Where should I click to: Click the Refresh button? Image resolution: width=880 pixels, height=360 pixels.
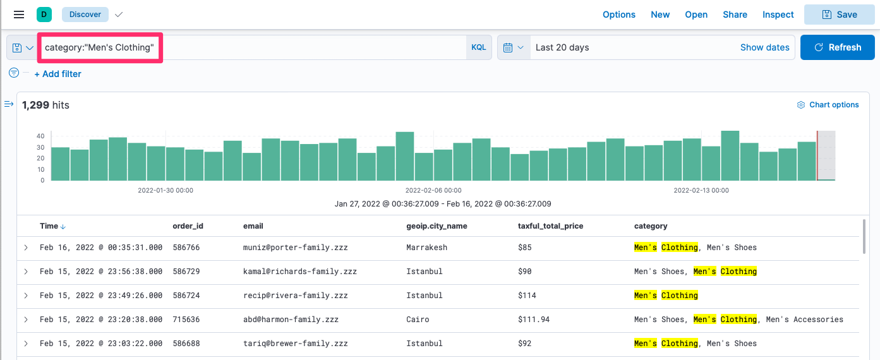(837, 47)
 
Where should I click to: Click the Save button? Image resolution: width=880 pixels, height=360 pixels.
(840, 15)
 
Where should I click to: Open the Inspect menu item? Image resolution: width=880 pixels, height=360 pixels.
(778, 15)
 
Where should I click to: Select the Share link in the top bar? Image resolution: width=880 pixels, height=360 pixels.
(735, 15)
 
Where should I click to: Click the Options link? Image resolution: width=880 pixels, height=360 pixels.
(619, 15)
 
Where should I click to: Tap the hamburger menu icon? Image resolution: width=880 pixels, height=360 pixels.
(19, 15)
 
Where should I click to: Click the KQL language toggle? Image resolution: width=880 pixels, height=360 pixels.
(479, 47)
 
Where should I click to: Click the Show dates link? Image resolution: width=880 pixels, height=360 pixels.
(764, 47)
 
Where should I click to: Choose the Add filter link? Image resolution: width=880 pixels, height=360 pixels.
(57, 74)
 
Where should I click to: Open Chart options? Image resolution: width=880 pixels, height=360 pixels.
(828, 105)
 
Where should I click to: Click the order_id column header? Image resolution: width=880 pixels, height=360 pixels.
(188, 226)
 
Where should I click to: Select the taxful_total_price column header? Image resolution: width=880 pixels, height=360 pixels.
(550, 226)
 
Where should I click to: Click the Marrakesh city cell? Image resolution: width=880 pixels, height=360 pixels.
(426, 248)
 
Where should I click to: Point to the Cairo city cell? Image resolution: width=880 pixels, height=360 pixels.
(418, 320)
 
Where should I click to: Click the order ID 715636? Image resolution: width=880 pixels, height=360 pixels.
(186, 320)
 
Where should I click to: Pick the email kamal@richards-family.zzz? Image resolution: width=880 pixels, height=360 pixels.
(299, 272)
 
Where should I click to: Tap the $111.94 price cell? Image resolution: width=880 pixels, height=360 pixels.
(533, 320)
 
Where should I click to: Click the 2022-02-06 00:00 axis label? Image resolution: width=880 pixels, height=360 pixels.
(433, 190)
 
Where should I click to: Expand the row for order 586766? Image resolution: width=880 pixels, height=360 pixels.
(26, 248)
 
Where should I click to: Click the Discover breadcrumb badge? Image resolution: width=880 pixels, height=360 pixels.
(85, 15)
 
